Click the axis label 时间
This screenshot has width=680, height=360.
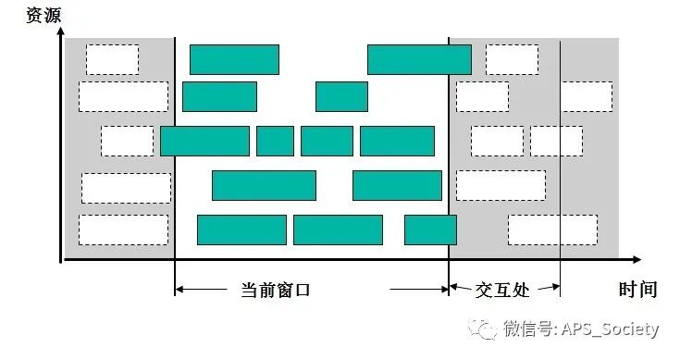click(637, 290)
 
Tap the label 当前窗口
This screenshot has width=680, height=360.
click(275, 290)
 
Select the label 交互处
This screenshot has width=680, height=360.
click(501, 290)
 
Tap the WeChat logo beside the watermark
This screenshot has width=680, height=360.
click(482, 329)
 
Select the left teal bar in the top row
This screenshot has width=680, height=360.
click(234, 59)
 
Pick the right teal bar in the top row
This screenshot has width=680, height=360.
click(419, 59)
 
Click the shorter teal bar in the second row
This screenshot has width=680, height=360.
click(341, 96)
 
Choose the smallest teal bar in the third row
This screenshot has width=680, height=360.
click(275, 141)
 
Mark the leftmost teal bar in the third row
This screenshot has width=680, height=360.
click(204, 141)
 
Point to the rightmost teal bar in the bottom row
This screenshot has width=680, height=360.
click(430, 230)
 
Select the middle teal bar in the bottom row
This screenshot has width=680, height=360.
click(338, 230)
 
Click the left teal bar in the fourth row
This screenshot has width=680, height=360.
click(264, 185)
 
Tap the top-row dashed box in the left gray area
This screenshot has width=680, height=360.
click(112, 59)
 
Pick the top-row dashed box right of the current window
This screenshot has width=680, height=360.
click(512, 59)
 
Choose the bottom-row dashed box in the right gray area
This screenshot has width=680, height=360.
click(552, 230)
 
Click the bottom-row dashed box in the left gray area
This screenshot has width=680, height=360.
click(123, 230)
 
